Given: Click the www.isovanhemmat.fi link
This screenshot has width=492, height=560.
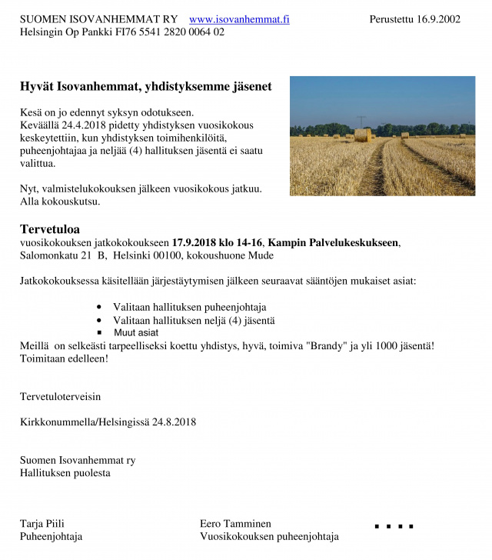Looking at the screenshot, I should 239,19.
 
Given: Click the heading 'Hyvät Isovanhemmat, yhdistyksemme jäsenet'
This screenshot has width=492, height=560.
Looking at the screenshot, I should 146,87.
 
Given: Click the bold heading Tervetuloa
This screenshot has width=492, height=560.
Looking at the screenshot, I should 50,229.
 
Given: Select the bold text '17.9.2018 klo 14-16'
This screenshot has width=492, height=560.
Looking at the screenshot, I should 218,242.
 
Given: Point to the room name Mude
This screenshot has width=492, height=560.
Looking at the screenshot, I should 260,255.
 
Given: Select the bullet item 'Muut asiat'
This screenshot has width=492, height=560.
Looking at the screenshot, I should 136,333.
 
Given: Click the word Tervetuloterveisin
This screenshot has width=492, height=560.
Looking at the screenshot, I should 60,397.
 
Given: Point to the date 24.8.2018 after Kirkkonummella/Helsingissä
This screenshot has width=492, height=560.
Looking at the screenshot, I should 174,422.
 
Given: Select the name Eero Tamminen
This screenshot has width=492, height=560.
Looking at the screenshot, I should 235,524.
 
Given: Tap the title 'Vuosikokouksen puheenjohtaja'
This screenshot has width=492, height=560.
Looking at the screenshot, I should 269,537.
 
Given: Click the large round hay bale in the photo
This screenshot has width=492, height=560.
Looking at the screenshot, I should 363,135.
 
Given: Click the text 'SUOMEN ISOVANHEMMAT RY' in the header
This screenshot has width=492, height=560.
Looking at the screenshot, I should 99,19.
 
